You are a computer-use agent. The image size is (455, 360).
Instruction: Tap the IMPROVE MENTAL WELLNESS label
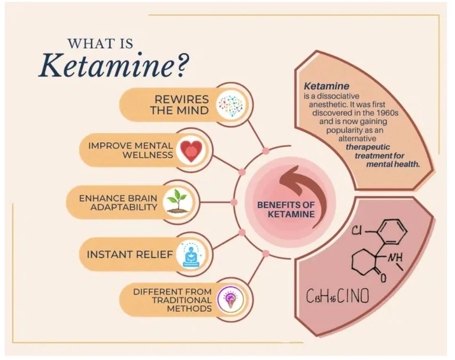click(x=130, y=150)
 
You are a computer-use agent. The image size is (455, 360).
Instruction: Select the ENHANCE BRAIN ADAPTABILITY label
click(x=118, y=202)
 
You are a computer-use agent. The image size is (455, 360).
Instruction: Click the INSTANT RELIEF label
click(x=130, y=255)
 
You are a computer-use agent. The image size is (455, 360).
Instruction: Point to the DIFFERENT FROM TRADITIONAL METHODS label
click(x=172, y=300)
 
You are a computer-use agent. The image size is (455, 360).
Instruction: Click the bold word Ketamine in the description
click(x=326, y=86)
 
